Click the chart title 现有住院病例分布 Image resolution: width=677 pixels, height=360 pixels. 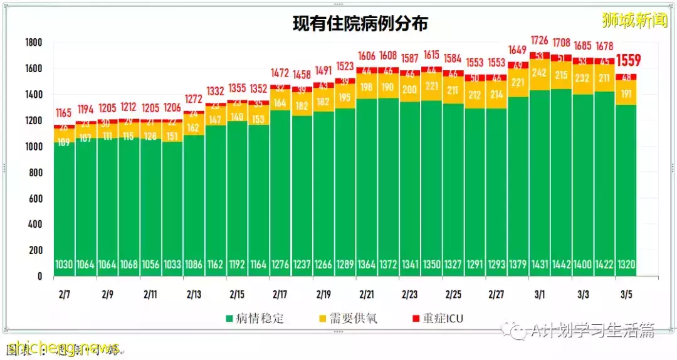(360, 23)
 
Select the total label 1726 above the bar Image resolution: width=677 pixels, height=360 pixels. (540, 41)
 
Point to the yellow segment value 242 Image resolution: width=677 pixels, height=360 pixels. (540, 73)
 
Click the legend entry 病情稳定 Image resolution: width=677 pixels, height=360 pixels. (253, 318)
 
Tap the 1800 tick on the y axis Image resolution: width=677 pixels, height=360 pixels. (34, 43)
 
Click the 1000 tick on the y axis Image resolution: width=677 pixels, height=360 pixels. (34, 147)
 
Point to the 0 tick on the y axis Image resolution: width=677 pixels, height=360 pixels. (39, 276)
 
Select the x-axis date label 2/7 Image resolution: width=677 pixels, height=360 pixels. (65, 294)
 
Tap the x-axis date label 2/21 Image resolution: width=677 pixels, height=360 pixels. (367, 294)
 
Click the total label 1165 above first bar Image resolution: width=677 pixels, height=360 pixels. (64, 114)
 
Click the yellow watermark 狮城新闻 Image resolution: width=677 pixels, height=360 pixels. (634, 21)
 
